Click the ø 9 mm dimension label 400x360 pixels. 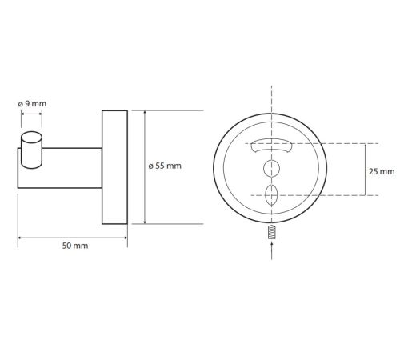(x=32, y=103)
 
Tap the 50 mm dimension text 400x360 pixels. (x=75, y=246)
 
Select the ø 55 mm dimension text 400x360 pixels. (x=165, y=166)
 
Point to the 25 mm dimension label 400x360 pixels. (x=382, y=171)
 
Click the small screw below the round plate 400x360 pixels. (x=271, y=232)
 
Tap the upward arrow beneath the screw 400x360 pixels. (x=271, y=250)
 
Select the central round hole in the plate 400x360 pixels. (x=271, y=169)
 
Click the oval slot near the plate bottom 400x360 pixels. (x=271, y=195)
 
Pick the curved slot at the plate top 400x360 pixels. (x=271, y=146)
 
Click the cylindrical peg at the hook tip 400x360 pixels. (x=31, y=150)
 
